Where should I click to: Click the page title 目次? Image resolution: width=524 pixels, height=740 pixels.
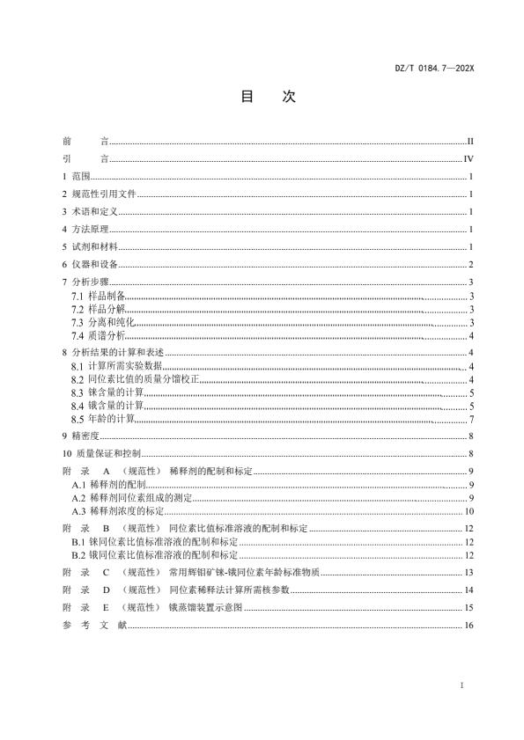[x=262, y=97]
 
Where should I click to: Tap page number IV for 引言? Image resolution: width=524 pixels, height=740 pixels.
[x=469, y=159]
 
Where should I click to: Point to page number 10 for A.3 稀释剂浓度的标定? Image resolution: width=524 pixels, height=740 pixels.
[x=470, y=511]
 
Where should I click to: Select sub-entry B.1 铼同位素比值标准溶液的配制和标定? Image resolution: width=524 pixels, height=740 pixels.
[x=155, y=541]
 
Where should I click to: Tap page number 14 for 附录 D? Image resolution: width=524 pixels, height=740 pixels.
[x=470, y=590]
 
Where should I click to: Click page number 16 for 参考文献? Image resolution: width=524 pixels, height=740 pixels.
[x=470, y=625]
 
